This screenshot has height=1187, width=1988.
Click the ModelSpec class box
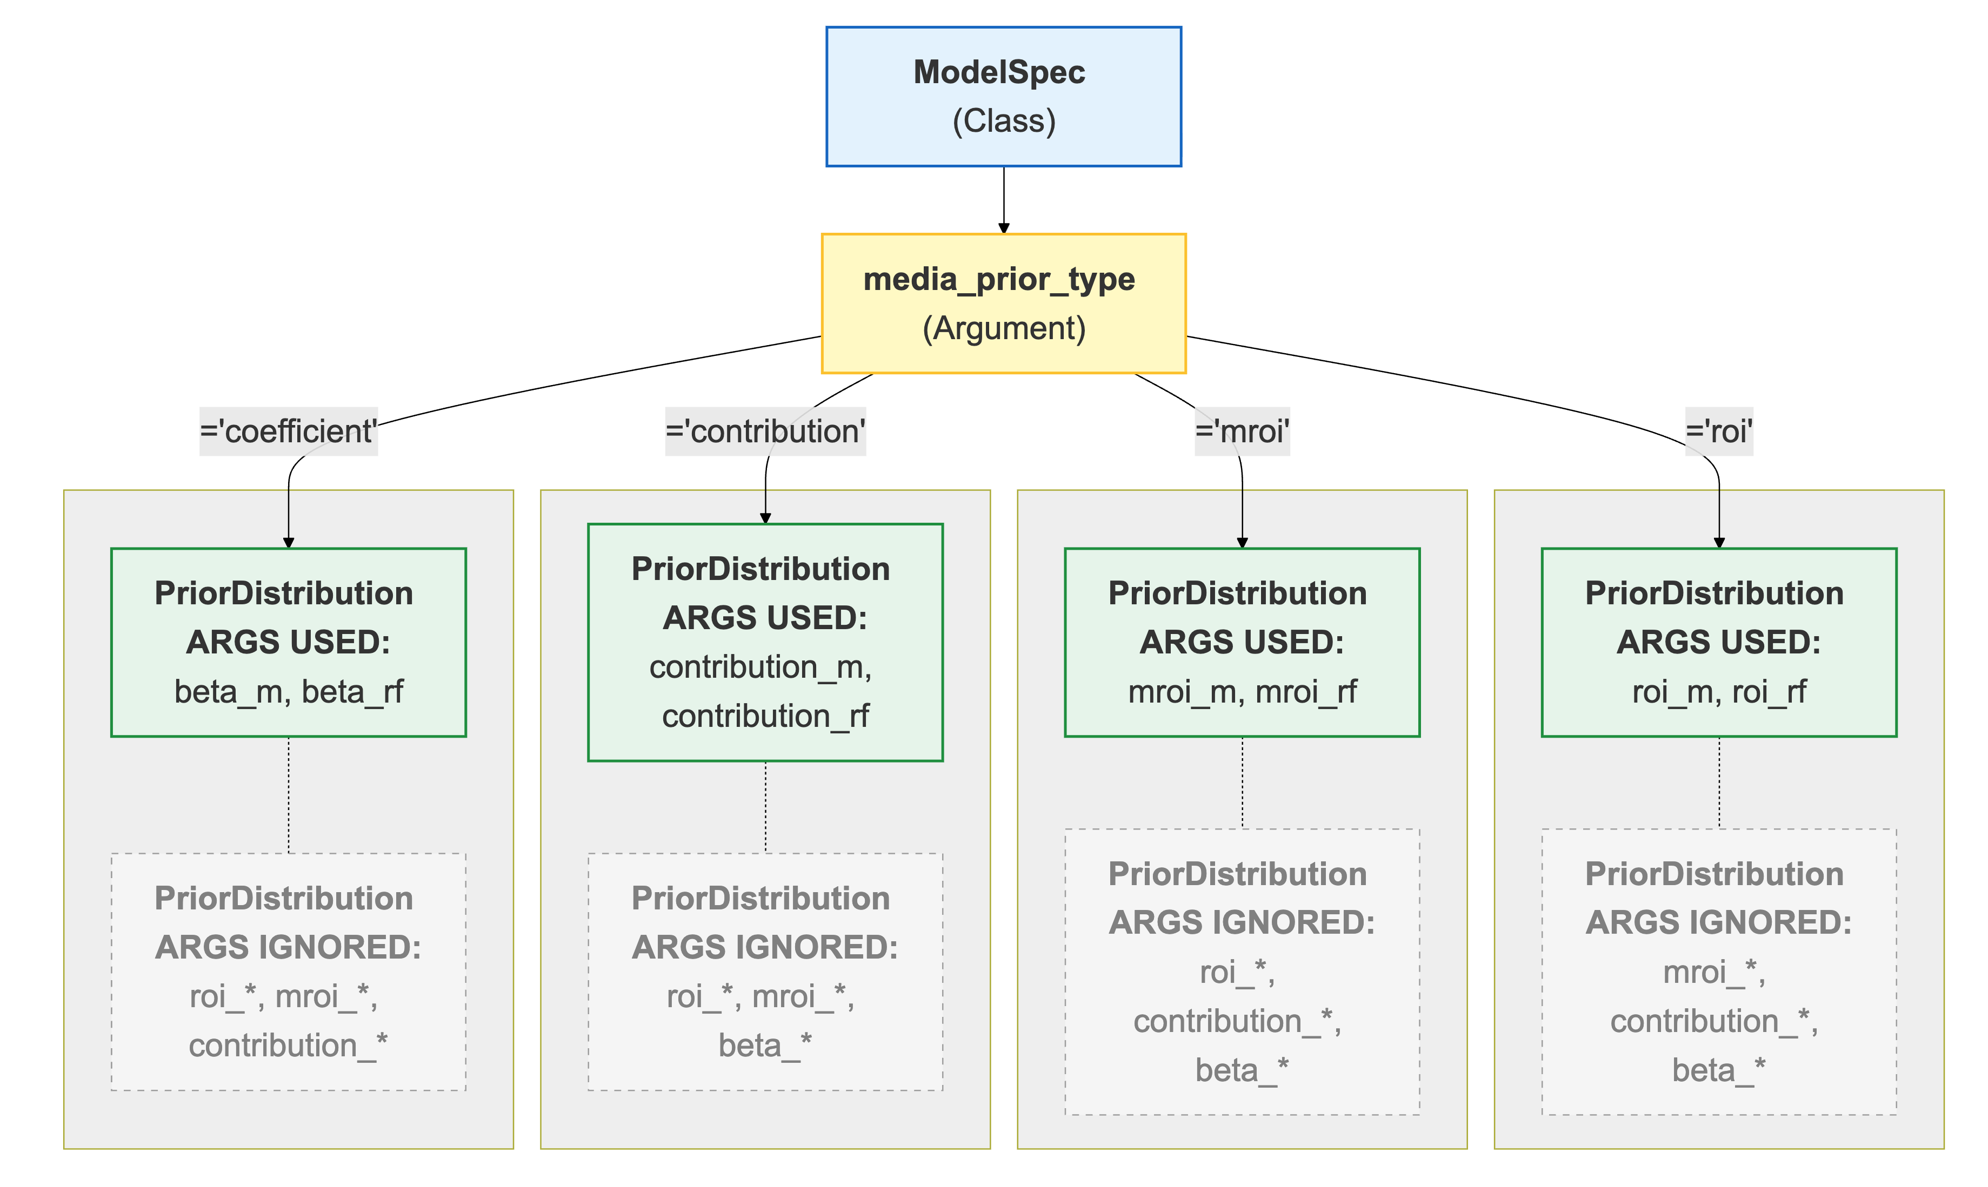1004,97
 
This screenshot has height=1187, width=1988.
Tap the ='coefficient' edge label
288,432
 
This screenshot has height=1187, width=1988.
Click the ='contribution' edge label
765,432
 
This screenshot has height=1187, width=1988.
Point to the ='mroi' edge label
1242,432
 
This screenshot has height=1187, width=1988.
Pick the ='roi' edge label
1719,432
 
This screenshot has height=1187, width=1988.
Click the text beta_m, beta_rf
288,692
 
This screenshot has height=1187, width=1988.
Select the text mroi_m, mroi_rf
1242,692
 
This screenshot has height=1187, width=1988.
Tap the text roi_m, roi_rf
1719,692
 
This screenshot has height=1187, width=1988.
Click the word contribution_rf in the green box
765,717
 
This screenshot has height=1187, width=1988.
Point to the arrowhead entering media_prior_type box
1004,229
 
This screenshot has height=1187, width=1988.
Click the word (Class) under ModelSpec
1004,122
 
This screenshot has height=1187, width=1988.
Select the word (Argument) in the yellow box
1004,329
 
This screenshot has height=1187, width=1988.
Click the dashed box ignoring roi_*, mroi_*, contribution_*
288,972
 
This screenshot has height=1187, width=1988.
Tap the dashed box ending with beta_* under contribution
765,972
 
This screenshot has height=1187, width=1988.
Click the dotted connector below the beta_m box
288,795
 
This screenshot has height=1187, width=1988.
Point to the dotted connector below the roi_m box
1719,783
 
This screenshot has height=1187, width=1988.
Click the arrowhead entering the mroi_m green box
1242,543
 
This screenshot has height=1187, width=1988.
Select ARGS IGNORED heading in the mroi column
1242,923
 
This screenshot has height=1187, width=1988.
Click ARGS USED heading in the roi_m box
1719,642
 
